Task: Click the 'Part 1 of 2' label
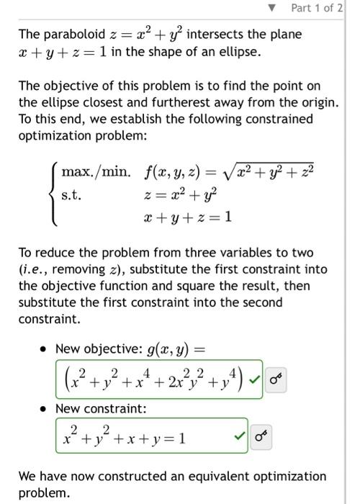click(318, 9)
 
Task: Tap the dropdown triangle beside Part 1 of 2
click(271, 9)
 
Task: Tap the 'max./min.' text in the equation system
click(96, 172)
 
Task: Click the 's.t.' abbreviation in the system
click(71, 194)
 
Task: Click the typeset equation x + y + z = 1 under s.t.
click(188, 217)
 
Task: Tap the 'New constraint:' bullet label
click(100, 408)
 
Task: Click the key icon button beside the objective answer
click(276, 378)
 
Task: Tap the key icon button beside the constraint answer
click(261, 436)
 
